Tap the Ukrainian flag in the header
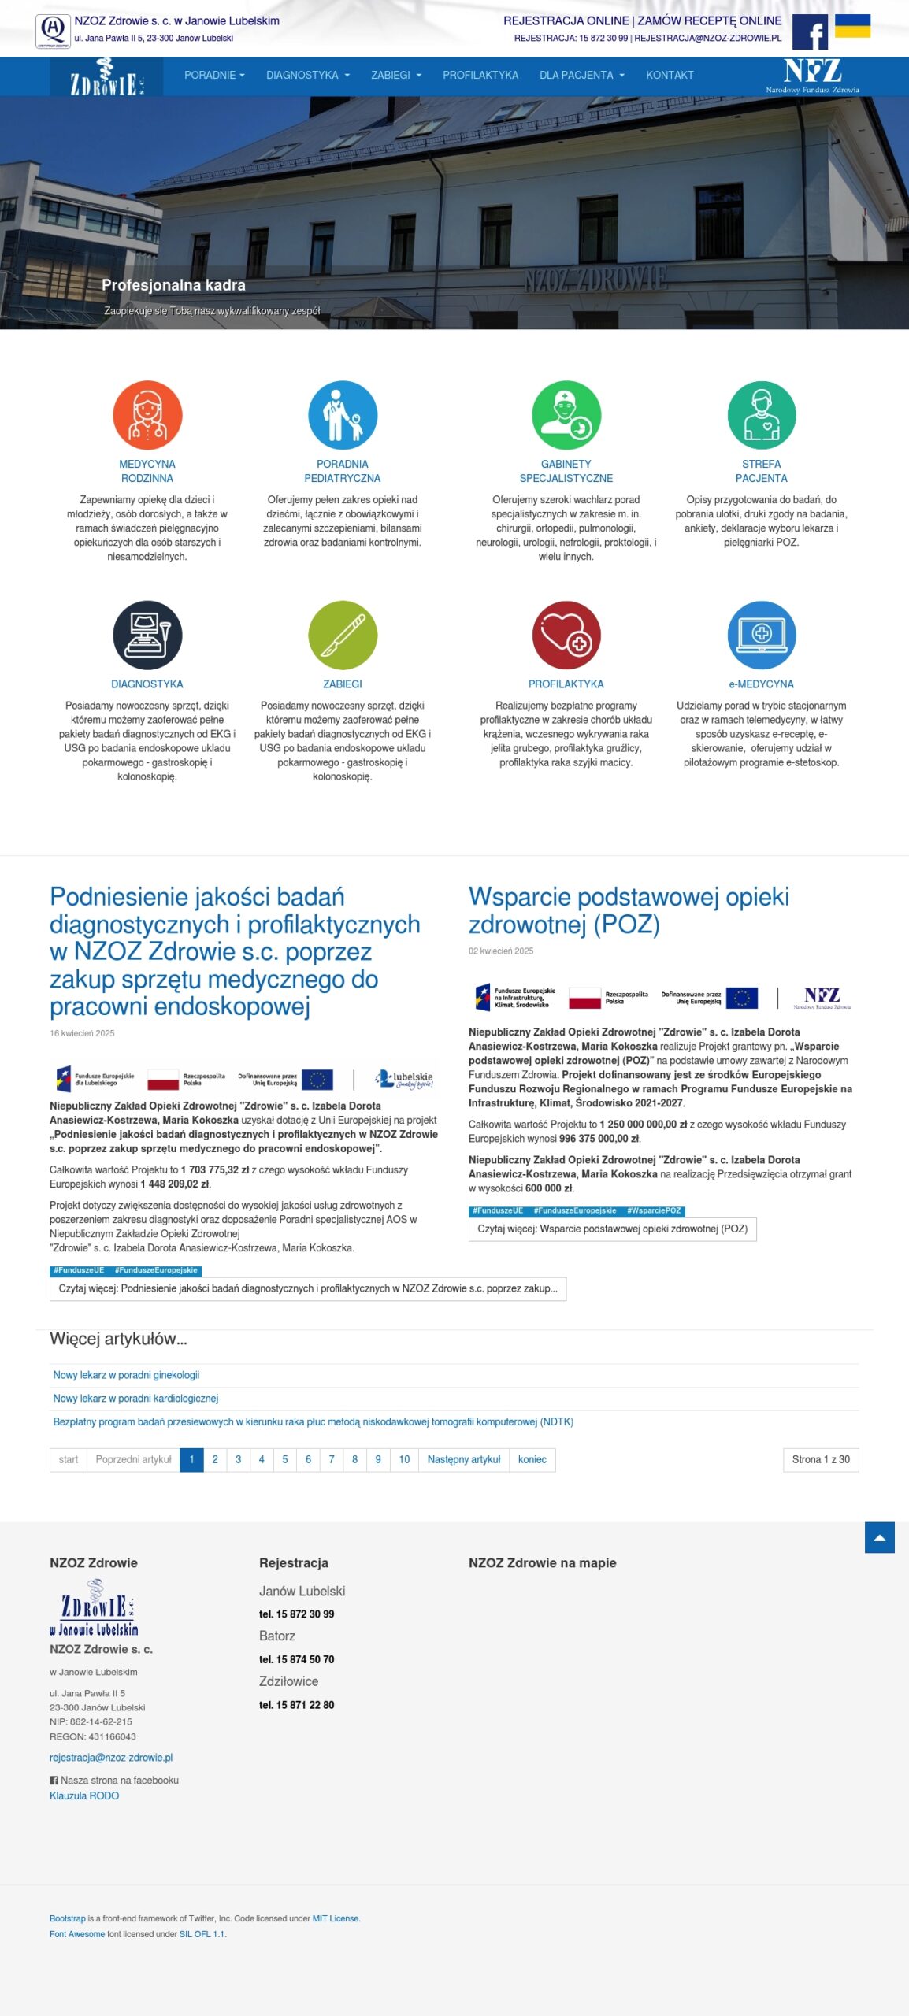click(x=852, y=26)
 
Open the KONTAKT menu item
click(x=670, y=76)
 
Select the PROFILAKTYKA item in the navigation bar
click(x=480, y=76)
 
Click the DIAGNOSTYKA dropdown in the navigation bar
click(x=307, y=76)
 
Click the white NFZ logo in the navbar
click(x=812, y=76)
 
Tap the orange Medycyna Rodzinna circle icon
click(x=147, y=415)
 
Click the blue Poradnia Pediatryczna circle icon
click(x=343, y=415)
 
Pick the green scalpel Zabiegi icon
click(x=343, y=635)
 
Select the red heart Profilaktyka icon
click(x=566, y=635)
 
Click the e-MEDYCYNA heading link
click(x=761, y=684)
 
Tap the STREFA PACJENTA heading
click(x=761, y=471)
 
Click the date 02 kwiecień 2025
click(x=501, y=951)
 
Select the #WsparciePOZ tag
click(x=654, y=1210)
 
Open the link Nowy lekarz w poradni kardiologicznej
click(x=135, y=1399)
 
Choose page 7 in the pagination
click(x=332, y=1459)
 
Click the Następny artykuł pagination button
click(x=464, y=1459)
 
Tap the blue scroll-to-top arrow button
click(x=879, y=1537)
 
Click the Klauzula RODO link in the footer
click(x=84, y=1795)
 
